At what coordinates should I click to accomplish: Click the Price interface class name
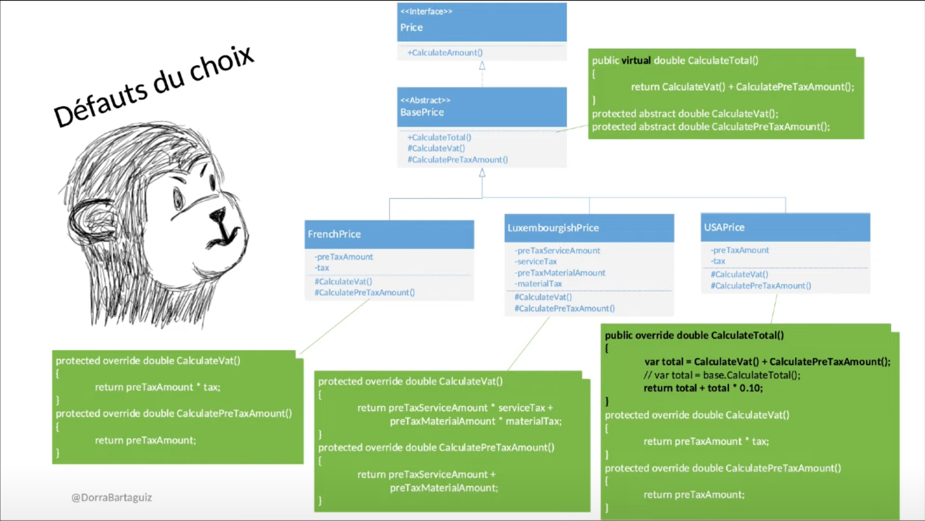(411, 27)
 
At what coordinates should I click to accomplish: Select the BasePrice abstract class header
(422, 112)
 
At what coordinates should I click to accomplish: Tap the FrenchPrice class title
(334, 234)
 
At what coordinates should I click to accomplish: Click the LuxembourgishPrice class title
(553, 228)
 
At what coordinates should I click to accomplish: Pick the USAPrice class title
(724, 227)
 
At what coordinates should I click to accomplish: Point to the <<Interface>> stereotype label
(426, 12)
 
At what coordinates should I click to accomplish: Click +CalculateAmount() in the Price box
(445, 53)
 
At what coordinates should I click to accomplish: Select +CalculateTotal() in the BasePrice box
(439, 137)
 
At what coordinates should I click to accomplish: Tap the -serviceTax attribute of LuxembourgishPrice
(536, 262)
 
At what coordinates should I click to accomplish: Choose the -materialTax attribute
(538, 284)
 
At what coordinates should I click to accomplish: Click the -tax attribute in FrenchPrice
(322, 268)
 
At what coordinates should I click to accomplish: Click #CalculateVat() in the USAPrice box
(739, 274)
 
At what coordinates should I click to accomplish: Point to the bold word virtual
(636, 60)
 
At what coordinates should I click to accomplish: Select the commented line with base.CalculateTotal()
(722, 375)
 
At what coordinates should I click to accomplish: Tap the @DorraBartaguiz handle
(112, 497)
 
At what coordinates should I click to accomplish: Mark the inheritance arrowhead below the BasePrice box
(482, 173)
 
